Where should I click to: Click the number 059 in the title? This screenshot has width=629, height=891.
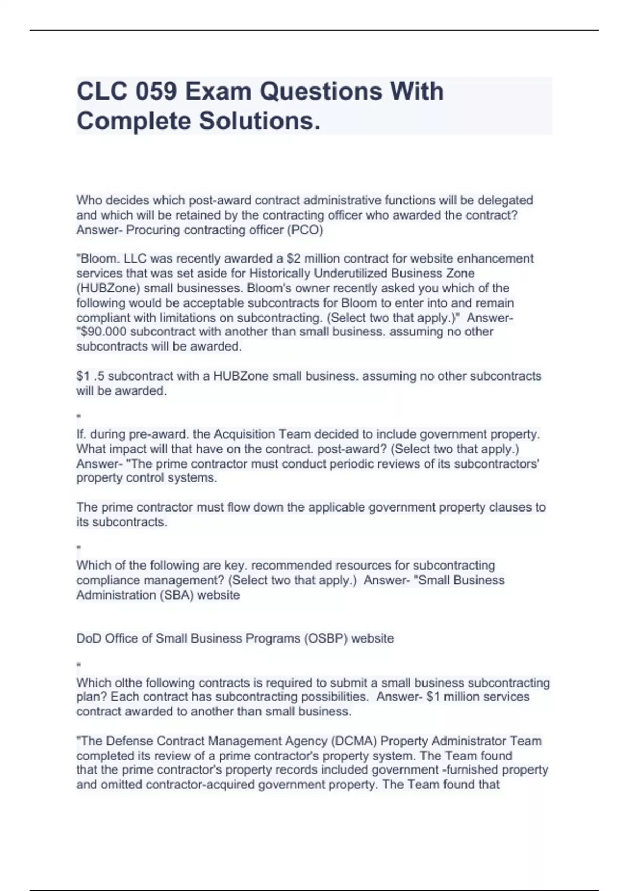click(156, 92)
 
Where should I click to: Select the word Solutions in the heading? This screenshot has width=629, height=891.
click(259, 121)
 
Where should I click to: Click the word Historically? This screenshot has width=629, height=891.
click(279, 274)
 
